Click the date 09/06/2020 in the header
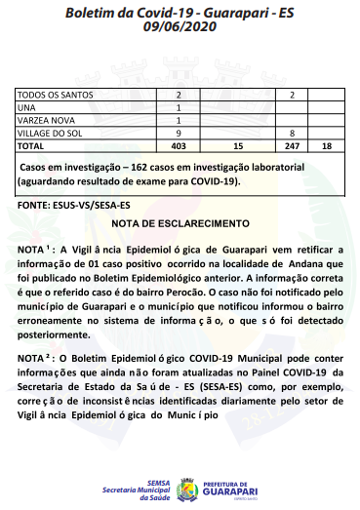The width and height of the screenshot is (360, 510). click(x=180, y=29)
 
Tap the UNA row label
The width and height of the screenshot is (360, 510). click(x=27, y=107)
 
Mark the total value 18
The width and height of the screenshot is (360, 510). click(x=326, y=144)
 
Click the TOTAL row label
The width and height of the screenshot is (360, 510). click(x=32, y=144)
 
